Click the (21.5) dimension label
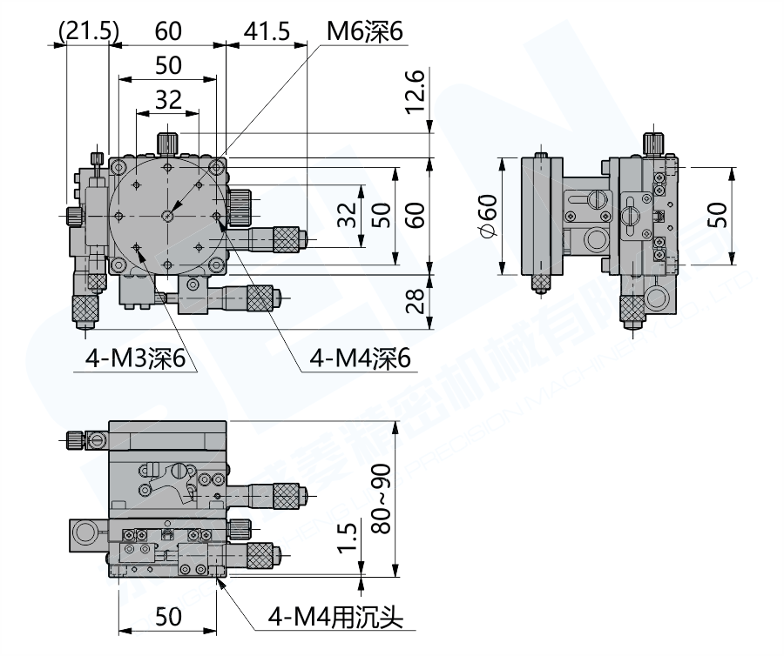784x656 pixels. (x=87, y=31)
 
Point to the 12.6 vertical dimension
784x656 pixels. (x=416, y=91)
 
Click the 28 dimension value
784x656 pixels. (x=416, y=301)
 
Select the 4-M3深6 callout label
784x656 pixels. (x=137, y=358)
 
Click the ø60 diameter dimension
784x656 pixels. (x=488, y=216)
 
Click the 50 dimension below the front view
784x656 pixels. (x=167, y=617)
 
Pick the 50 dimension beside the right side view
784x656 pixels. (x=716, y=215)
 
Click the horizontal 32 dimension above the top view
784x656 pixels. (x=167, y=100)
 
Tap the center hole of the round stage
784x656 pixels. (x=167, y=215)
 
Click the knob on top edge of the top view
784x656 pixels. (x=167, y=141)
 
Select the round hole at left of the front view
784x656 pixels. (x=84, y=532)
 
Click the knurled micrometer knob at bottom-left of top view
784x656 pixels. (x=84, y=307)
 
